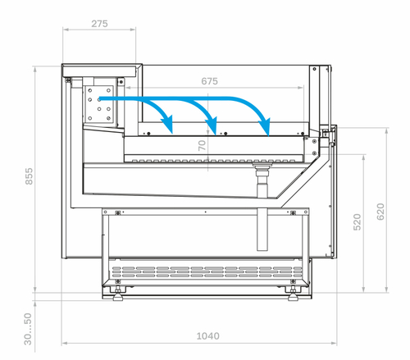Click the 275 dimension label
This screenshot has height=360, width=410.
pyautogui.click(x=99, y=24)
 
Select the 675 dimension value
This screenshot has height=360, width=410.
pyautogui.click(x=209, y=81)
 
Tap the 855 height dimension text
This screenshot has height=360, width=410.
pyautogui.click(x=29, y=176)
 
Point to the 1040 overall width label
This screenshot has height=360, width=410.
pyautogui.click(x=208, y=336)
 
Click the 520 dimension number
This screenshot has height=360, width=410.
pyautogui.click(x=358, y=222)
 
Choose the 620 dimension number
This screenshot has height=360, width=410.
pyautogui.click(x=380, y=212)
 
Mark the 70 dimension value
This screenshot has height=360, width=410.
pyautogui.click(x=202, y=145)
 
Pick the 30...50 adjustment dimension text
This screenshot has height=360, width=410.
pyautogui.click(x=28, y=329)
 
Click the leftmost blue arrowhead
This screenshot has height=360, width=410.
pyautogui.click(x=168, y=125)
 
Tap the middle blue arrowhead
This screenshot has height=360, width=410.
pyautogui.click(x=212, y=125)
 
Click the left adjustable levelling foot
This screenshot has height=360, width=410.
pyautogui.click(x=118, y=294)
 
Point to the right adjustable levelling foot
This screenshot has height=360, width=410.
pyautogui.click(x=293, y=294)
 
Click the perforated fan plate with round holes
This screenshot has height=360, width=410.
pyautogui.click(x=98, y=104)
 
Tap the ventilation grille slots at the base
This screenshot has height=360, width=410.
pyautogui.click(x=207, y=272)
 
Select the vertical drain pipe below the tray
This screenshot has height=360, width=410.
pyautogui.click(x=262, y=207)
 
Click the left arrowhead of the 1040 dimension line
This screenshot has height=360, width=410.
pyautogui.click(x=65, y=343)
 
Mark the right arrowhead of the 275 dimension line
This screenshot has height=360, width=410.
pyautogui.click(x=133, y=29)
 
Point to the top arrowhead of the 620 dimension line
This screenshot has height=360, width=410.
pyautogui.click(x=386, y=131)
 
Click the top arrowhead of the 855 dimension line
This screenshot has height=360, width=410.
pyautogui.click(x=35, y=69)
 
